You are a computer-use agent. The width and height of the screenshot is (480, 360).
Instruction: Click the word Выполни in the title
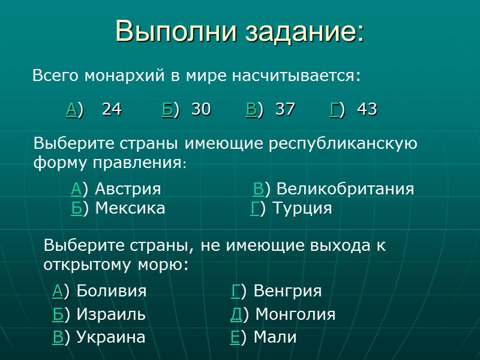coord(169,32)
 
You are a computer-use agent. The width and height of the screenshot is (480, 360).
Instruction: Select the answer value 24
coord(112,109)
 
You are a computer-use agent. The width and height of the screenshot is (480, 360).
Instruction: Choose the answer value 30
coord(201,109)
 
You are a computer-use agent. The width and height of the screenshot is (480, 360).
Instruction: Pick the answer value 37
coord(285,109)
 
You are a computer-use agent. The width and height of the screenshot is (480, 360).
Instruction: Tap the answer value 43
coord(367,109)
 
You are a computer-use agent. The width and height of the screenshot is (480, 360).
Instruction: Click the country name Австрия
coord(128,189)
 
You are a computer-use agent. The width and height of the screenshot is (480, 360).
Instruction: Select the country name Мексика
coord(130,208)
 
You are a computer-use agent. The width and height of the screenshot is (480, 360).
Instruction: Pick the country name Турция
coord(302,208)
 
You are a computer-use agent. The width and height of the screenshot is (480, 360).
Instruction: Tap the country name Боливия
coord(112,291)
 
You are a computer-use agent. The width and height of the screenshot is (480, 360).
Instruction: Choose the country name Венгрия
coord(287,291)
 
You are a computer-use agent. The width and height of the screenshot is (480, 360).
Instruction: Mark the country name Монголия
coord(297,314)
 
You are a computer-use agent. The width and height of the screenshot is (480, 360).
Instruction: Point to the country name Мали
coord(275,337)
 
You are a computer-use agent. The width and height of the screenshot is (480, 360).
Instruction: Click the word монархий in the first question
coord(122,77)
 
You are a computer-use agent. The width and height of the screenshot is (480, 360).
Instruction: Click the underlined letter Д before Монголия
coord(236,314)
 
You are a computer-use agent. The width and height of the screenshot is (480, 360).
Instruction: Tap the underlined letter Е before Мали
coord(235,337)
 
